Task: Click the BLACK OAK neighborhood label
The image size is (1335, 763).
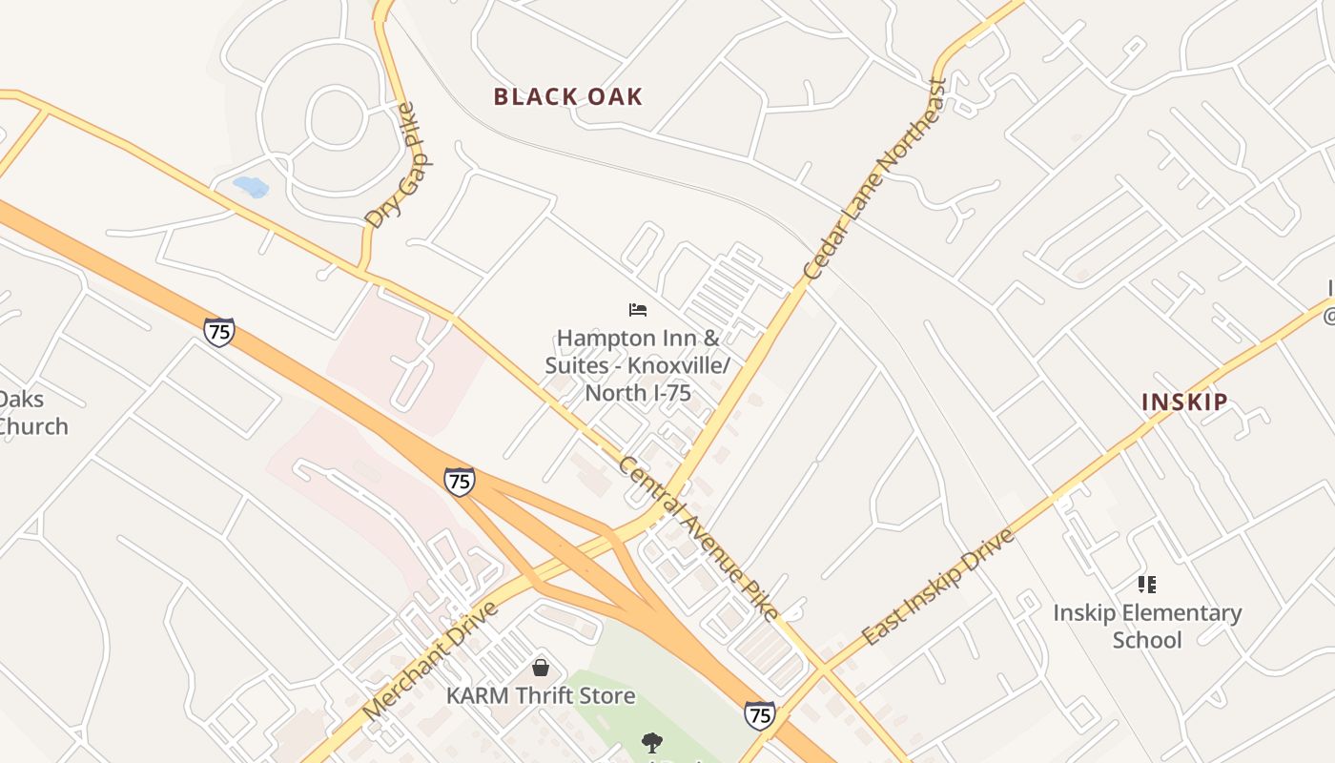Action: coord(568,96)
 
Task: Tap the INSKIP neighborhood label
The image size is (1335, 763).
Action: coord(1184,402)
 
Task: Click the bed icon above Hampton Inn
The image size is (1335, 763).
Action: coord(638,309)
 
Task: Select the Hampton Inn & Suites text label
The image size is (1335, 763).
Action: coord(638,365)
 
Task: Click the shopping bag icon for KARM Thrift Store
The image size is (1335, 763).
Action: coord(541,668)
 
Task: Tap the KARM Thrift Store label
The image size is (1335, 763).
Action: coord(541,695)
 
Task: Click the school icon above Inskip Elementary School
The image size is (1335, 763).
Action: coord(1147,584)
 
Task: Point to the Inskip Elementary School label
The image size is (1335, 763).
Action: coord(1147,626)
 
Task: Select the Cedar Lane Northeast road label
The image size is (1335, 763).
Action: coord(873,178)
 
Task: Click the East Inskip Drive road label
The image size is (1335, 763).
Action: coord(937,586)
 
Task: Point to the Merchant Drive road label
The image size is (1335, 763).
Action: coord(431,660)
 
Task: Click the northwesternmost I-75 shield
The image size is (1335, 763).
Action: coord(219,331)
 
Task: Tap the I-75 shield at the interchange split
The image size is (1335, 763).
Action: coord(460,481)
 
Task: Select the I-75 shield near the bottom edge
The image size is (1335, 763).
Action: coord(759,714)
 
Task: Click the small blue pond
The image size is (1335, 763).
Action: coord(251,186)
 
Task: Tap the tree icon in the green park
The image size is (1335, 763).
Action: coord(652,741)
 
